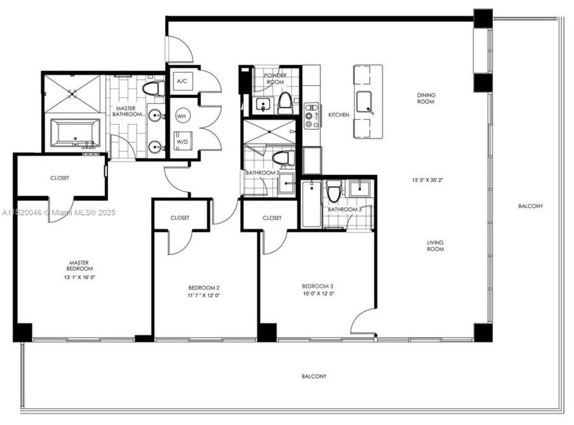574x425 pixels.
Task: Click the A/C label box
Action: [182, 81]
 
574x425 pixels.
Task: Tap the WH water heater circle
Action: [182, 116]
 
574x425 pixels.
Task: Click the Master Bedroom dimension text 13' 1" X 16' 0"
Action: [80, 277]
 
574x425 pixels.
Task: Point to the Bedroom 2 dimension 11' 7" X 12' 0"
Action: [204, 295]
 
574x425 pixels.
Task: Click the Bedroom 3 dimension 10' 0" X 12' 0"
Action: [318, 294]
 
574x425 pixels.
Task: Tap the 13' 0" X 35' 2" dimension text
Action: [427, 180]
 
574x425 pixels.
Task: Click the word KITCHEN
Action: [339, 115]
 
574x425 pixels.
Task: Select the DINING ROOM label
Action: [426, 98]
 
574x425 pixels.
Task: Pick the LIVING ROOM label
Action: [435, 245]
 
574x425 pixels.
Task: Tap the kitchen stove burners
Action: [312, 116]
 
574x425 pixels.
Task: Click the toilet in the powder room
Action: [285, 103]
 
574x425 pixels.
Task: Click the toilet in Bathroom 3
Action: [334, 191]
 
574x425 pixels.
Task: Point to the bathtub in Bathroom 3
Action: [311, 204]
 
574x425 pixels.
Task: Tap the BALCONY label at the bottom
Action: [314, 376]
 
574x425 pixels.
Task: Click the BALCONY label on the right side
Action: [530, 206]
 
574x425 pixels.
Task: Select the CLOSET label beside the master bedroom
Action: [60, 177]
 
